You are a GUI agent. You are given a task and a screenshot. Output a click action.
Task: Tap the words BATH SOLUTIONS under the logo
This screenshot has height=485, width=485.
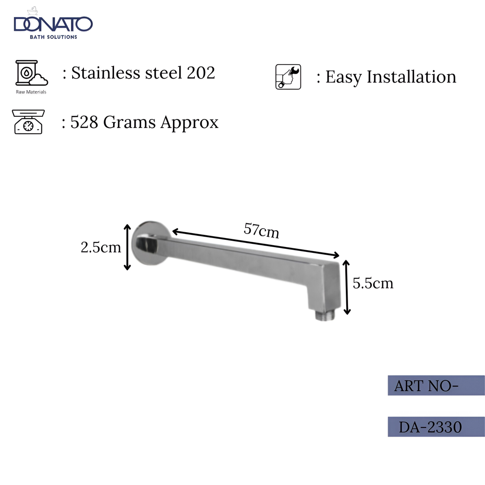point(53,37)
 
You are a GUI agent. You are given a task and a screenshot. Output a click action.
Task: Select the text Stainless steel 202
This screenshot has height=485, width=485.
point(143,73)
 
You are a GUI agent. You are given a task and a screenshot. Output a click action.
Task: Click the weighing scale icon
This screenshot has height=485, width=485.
point(28,122)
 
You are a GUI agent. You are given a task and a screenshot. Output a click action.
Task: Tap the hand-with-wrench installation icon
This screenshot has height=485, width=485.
point(288,77)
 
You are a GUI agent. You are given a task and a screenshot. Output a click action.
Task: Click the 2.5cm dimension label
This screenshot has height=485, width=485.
point(101,247)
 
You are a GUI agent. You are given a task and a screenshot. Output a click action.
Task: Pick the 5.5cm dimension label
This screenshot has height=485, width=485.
point(373,283)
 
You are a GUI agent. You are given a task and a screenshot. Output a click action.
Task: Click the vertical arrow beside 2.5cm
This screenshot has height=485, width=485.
point(127,247)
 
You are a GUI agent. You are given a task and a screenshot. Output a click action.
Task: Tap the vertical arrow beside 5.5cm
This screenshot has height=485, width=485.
point(346,287)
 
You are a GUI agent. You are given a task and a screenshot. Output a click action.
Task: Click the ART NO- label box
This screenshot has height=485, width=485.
point(436,385)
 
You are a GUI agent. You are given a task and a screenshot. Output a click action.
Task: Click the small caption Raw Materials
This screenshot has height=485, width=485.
point(31,92)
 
